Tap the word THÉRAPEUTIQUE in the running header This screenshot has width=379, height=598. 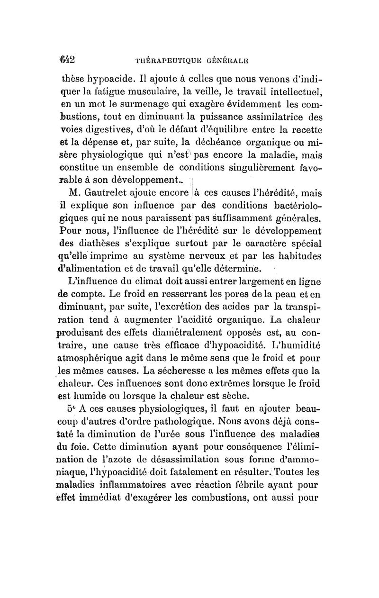point(167,61)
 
